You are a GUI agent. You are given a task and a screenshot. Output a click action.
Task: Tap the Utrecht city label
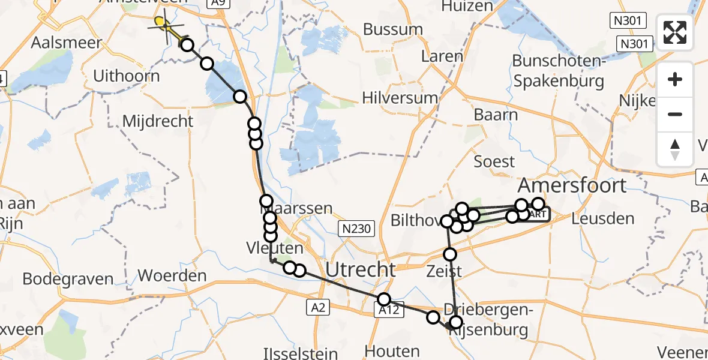point(361,269)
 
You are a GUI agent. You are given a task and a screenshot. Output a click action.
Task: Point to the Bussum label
point(393,29)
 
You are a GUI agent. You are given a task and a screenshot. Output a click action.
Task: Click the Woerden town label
point(172,277)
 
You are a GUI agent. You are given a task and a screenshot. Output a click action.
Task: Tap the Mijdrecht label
point(158,121)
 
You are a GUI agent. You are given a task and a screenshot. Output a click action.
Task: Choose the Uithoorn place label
point(127,76)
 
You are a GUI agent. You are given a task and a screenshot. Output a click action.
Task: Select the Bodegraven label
point(68,279)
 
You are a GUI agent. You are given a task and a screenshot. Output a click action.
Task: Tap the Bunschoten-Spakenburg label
point(557,71)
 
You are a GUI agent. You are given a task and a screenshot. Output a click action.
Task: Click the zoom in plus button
point(675,80)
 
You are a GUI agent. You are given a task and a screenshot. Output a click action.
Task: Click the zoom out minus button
point(675,114)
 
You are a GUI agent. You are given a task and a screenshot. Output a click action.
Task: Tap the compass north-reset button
point(675,149)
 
